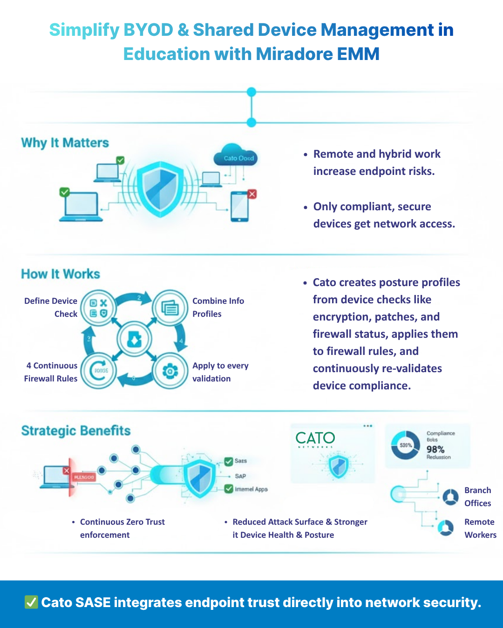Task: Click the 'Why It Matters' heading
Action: (65, 143)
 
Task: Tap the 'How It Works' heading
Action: (61, 274)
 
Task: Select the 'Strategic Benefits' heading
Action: (76, 431)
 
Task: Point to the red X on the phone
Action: (252, 194)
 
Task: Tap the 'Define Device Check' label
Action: (51, 307)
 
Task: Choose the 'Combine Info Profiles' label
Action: (218, 307)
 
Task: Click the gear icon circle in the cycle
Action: (170, 371)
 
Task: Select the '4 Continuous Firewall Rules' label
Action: (51, 372)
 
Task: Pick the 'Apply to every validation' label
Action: (220, 372)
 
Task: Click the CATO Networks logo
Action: (315, 439)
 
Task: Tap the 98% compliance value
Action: (435, 449)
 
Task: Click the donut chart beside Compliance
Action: (405, 445)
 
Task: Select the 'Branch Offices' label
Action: (477, 497)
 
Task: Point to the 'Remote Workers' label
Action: (480, 528)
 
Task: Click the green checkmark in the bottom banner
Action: (31, 602)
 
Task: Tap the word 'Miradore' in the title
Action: (293, 54)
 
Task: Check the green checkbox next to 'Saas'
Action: (229, 461)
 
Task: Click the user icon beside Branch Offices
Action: (450, 497)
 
